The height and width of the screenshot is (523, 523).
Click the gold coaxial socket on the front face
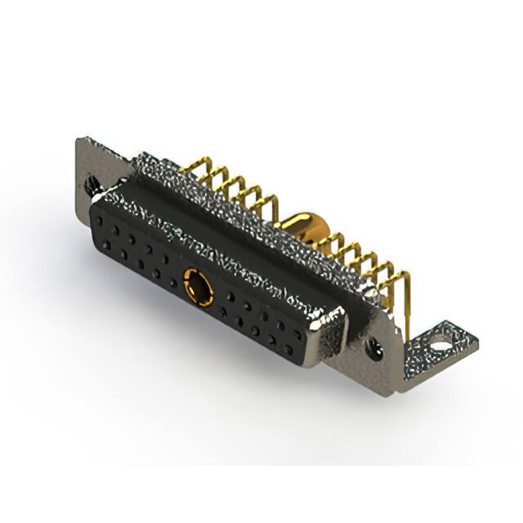click(x=198, y=288)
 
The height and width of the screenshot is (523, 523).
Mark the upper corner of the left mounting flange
click(x=79, y=141)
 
